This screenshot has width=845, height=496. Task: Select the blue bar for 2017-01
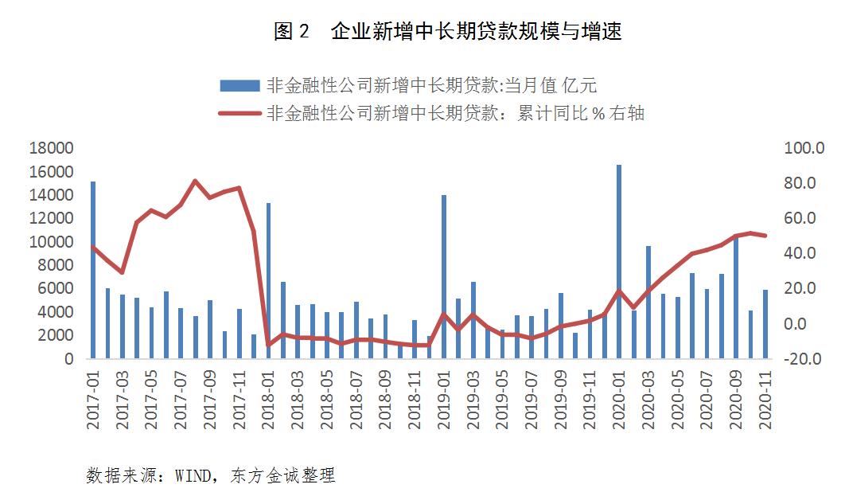[x=93, y=270]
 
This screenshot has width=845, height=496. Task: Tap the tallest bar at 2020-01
[x=619, y=262]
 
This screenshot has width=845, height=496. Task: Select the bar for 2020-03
[x=648, y=303]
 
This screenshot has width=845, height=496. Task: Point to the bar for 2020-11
[x=765, y=324]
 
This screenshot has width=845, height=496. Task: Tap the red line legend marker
[x=239, y=114]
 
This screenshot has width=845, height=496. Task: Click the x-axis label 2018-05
[x=327, y=401]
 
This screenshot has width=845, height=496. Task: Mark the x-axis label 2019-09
[x=561, y=401]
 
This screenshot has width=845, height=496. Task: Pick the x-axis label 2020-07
[x=707, y=401]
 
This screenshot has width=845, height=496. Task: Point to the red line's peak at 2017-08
[x=196, y=181]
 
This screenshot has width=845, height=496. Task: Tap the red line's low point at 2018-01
[x=268, y=345]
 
